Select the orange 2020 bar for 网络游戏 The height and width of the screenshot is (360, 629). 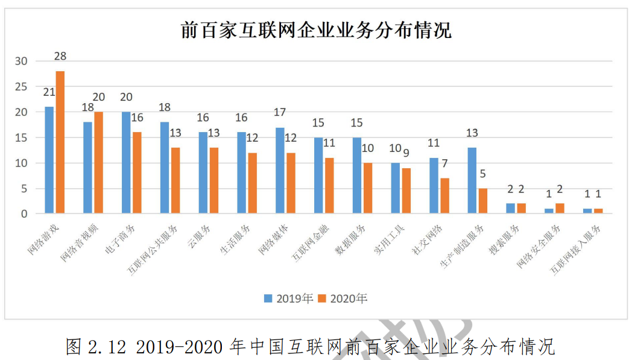tap(60, 142)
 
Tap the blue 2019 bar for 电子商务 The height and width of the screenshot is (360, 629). tap(126, 163)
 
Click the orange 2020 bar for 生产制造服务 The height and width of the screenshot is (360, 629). tap(483, 201)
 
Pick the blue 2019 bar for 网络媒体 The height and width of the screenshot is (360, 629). tap(280, 171)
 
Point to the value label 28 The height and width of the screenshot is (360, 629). tap(60, 56)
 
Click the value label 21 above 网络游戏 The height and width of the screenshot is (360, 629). tap(49, 92)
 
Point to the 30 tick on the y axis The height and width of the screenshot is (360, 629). tap(22, 61)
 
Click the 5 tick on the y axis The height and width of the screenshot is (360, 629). tap(25, 188)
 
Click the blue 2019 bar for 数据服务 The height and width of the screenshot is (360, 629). tap(356, 175)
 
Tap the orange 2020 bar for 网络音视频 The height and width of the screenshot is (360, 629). tap(99, 163)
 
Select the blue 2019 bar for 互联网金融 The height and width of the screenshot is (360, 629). tap(318, 175)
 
